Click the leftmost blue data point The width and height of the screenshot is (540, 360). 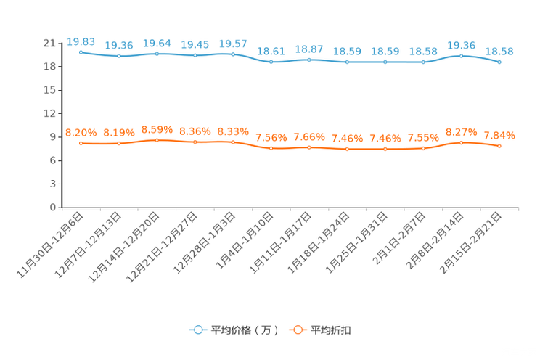(x=81, y=52)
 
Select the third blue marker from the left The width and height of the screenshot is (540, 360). (x=157, y=54)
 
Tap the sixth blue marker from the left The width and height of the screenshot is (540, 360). (x=271, y=62)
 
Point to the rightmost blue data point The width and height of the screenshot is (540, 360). (x=499, y=62)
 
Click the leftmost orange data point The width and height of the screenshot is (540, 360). (x=81, y=143)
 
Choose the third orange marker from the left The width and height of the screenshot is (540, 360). (x=157, y=139)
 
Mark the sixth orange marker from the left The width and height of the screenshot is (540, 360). (x=271, y=148)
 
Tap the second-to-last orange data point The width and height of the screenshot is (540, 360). (x=461, y=142)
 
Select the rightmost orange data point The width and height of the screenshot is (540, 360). (x=499, y=146)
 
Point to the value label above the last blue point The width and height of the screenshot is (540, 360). (x=499, y=52)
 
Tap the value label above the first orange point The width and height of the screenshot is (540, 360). (x=81, y=132)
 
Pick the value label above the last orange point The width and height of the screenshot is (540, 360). (x=499, y=135)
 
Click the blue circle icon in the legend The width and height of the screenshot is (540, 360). (x=197, y=330)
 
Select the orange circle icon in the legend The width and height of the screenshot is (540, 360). (x=297, y=330)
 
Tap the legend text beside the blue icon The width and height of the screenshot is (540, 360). (x=244, y=330)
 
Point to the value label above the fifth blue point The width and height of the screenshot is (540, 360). (x=233, y=42)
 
